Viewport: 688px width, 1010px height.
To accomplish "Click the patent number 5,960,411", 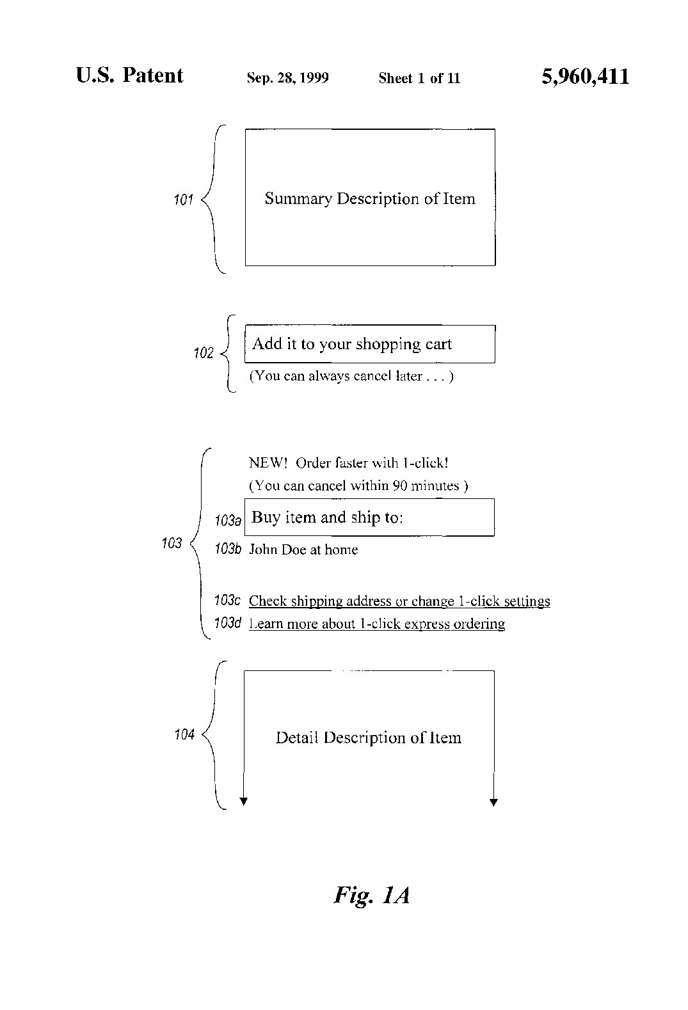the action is click(585, 77).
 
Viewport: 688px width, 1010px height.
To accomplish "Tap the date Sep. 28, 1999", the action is click(288, 78).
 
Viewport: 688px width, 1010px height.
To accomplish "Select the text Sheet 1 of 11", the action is click(420, 78).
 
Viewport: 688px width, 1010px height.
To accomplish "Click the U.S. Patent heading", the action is click(129, 75).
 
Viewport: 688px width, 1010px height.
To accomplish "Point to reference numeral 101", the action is click(184, 200).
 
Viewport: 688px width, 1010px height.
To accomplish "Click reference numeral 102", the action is click(204, 352).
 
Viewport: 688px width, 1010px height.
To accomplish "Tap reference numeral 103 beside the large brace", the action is click(172, 543).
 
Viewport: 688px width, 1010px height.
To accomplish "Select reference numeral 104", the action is click(184, 734).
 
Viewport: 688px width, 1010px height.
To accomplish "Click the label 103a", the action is click(228, 520).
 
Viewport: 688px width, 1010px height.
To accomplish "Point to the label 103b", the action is click(228, 549).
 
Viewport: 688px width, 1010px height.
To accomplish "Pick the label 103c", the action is click(228, 600).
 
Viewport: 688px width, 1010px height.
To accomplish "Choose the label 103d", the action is click(228, 622).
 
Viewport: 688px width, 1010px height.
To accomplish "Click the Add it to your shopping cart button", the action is click(370, 344).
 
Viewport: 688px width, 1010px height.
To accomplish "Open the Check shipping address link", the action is click(399, 601).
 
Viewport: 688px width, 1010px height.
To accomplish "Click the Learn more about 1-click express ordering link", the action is click(377, 624).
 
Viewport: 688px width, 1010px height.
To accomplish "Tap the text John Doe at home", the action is click(303, 549).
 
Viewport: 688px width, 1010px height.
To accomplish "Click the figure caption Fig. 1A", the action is click(372, 895).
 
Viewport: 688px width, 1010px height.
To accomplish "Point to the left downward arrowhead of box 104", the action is click(244, 801).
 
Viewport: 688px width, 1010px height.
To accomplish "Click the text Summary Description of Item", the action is click(370, 199).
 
